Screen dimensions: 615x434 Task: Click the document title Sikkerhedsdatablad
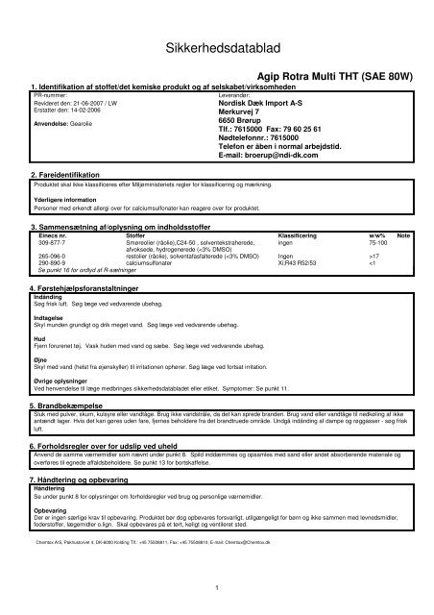pos(217,47)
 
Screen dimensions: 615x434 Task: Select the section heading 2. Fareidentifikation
pos(72,174)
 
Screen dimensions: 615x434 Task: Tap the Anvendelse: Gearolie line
pos(63,124)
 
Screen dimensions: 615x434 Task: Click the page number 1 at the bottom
pos(218,588)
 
